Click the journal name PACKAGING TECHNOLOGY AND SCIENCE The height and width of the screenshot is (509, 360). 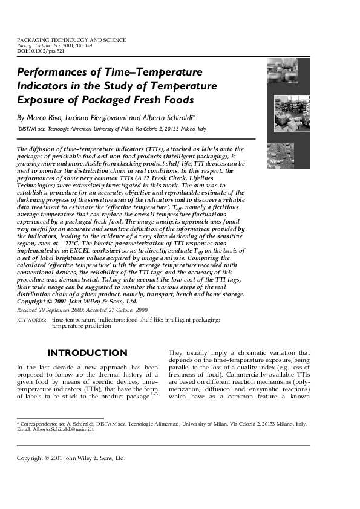71,40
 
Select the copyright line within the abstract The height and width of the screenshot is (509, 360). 77,301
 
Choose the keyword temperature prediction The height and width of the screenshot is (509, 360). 81,325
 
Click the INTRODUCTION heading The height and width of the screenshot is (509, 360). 87,353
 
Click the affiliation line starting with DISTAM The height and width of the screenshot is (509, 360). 112,129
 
